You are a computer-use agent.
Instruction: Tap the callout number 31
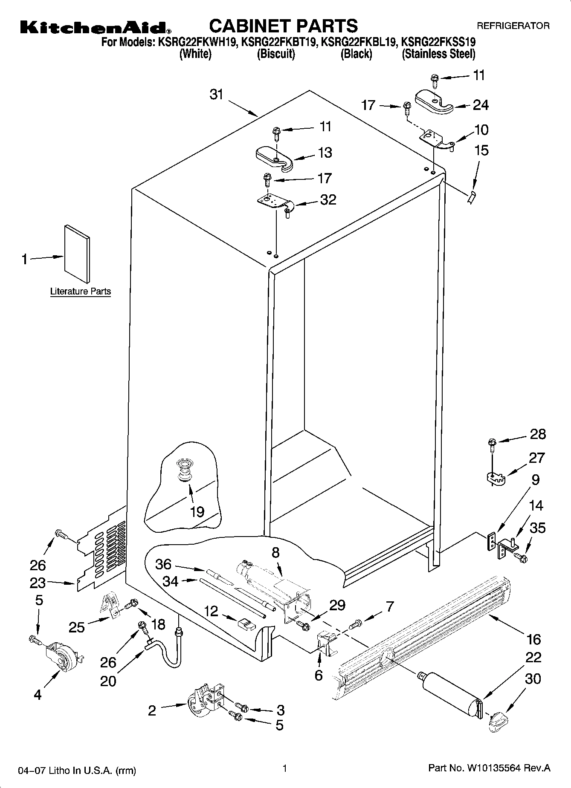(x=217, y=94)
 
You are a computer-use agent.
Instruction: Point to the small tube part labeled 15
(x=472, y=198)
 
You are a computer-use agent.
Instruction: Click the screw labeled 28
(x=492, y=444)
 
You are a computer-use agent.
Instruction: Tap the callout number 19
(x=197, y=511)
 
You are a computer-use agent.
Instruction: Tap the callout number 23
(x=38, y=583)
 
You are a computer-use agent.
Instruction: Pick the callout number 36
(x=163, y=564)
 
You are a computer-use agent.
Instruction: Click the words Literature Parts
(x=81, y=292)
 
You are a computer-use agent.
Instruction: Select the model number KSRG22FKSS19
(x=439, y=42)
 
